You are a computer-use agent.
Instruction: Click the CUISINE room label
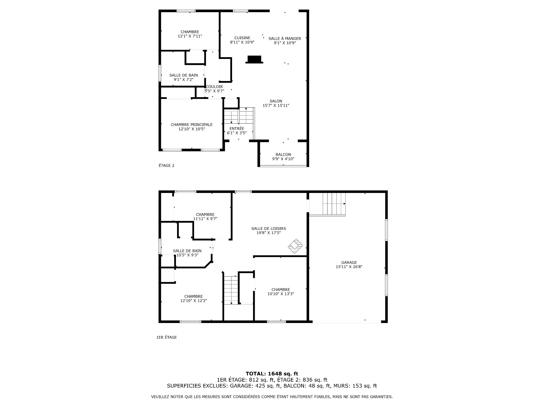click(x=242, y=38)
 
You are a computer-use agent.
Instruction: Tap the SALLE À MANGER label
click(x=285, y=39)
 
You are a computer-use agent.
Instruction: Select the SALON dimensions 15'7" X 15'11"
click(x=276, y=105)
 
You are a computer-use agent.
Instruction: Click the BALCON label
click(x=283, y=154)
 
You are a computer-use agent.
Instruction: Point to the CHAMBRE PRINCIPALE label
click(x=192, y=125)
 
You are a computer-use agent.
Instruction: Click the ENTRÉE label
click(x=237, y=128)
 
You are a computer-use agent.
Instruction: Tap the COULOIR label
click(x=214, y=87)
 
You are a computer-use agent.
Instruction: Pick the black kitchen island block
click(x=254, y=59)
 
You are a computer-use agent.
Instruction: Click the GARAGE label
click(x=349, y=262)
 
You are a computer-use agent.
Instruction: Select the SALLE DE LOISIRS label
click(x=269, y=228)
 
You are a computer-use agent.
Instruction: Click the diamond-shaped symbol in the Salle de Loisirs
click(x=296, y=246)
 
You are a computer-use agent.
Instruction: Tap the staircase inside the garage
click(x=334, y=204)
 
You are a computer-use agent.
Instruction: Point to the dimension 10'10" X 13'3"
click(x=281, y=294)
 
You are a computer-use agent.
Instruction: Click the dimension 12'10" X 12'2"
click(x=194, y=301)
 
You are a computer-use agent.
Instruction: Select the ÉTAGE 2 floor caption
click(x=167, y=165)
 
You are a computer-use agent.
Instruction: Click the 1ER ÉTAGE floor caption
click(x=167, y=337)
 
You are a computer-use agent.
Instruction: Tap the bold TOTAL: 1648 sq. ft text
click(x=272, y=374)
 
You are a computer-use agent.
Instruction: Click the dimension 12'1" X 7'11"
click(x=190, y=36)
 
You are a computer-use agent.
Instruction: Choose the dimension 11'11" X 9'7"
click(x=205, y=219)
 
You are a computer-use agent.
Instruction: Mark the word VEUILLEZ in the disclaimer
click(x=160, y=397)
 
